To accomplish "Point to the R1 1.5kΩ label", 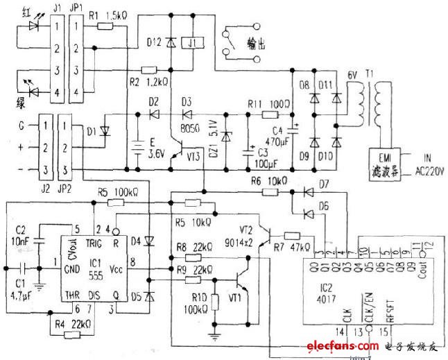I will point(110,12).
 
